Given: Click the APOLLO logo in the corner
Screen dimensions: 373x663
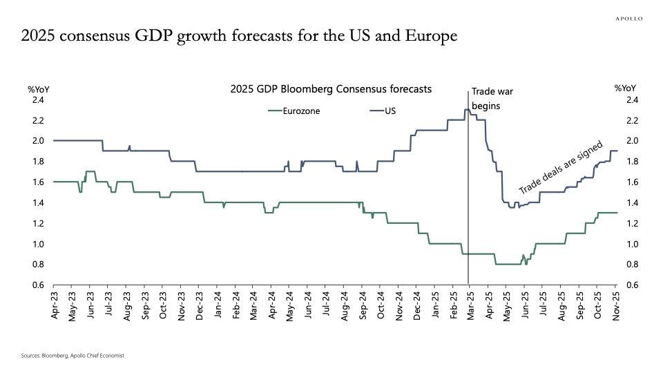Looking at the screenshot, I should point(628,19).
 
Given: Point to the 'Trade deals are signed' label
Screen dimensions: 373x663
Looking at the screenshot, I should point(561,169).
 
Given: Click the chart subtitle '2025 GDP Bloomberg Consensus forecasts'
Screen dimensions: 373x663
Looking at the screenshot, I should point(331,89).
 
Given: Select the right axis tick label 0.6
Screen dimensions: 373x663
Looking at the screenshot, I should point(632,285).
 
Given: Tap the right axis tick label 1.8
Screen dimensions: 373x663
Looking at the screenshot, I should point(632,162).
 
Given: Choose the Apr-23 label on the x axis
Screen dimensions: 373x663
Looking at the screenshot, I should point(55,304).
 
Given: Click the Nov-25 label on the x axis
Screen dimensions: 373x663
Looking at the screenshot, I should point(616,304).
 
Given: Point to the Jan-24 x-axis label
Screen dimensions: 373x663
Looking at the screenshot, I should point(218,304).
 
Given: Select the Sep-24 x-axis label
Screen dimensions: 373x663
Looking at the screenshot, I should point(363,304).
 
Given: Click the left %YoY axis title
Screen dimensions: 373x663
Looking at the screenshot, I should point(38,88).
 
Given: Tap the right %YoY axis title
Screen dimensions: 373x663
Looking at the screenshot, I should point(625,88).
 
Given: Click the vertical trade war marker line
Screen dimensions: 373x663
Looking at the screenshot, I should point(469,207).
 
